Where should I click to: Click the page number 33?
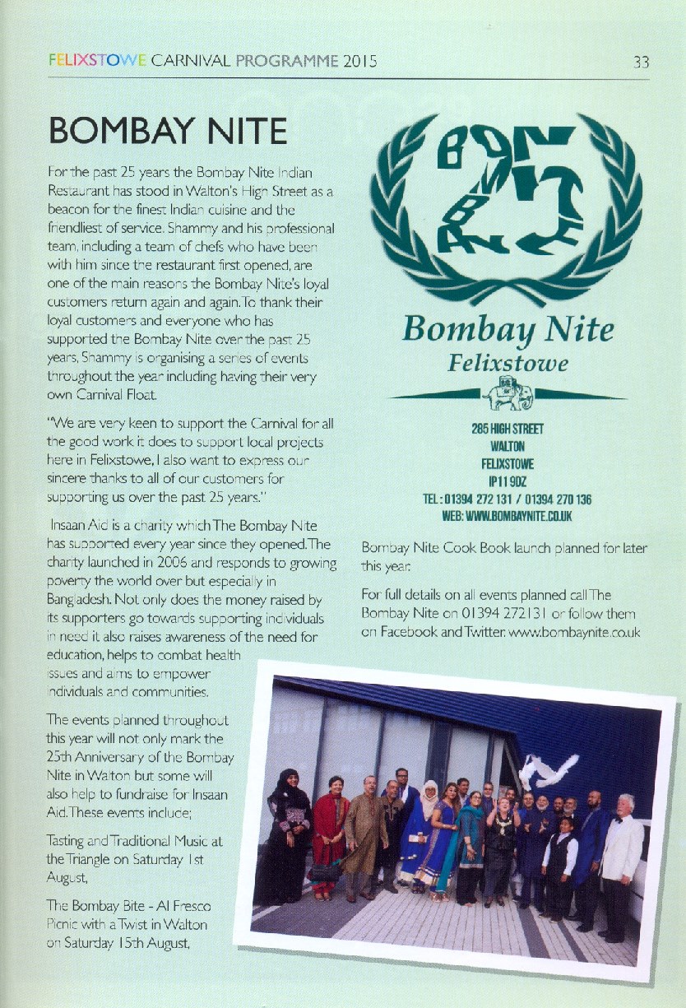[642, 62]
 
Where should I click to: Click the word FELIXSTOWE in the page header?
[98, 61]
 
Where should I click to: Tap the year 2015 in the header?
[360, 61]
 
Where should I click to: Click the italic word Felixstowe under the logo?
[508, 362]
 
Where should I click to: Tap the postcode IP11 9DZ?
[508, 481]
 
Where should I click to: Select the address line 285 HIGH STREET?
[508, 430]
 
